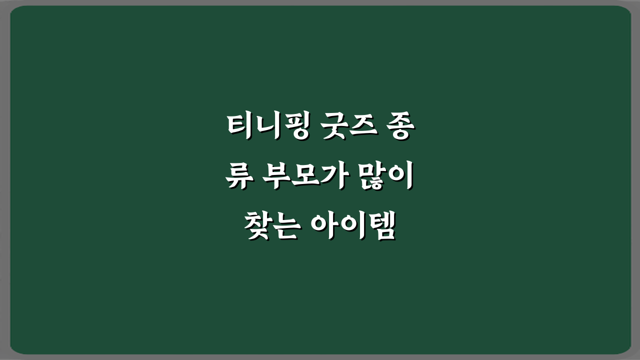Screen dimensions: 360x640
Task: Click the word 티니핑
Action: tap(264, 127)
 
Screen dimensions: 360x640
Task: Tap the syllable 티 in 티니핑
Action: tap(238, 127)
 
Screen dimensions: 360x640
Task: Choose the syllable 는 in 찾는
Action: tap(285, 226)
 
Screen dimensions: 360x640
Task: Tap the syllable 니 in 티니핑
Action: tap(265, 127)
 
